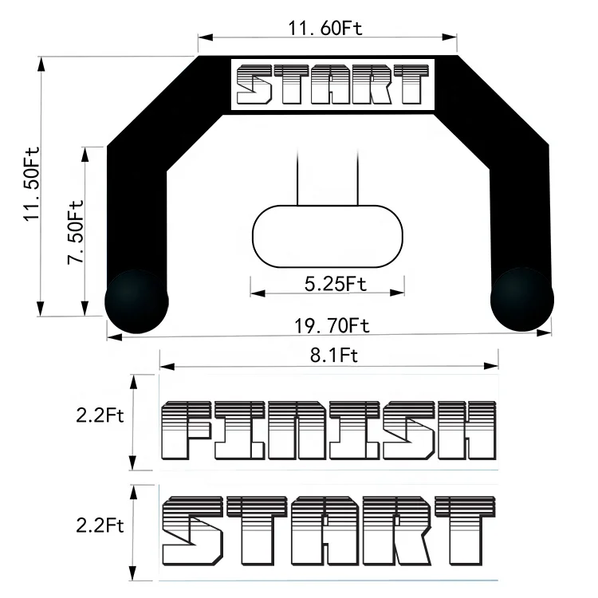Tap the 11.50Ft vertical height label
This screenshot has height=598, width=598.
click(32, 185)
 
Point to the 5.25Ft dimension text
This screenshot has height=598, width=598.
click(335, 283)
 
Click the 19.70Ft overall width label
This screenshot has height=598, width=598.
click(332, 325)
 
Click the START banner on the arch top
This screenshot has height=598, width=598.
click(330, 84)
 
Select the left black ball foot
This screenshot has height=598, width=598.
click(137, 301)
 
